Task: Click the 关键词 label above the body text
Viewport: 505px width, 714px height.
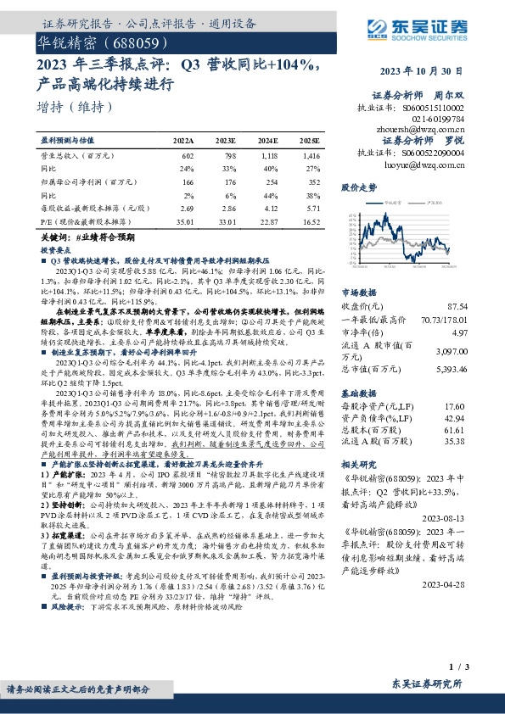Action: (54, 240)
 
